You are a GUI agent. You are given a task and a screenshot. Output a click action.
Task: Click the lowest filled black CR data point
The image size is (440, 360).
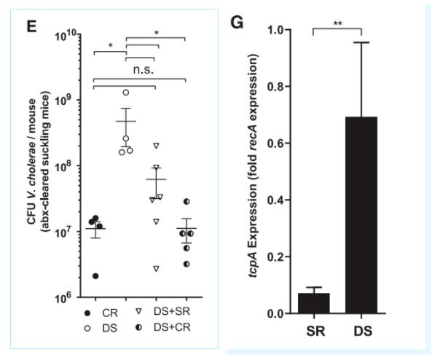(95, 275)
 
